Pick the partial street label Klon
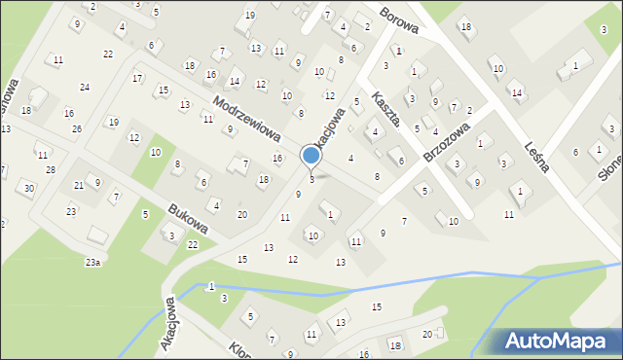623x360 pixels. pyautogui.click(x=243, y=349)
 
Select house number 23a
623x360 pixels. pyautogui.click(x=92, y=263)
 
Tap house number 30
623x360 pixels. pyautogui.click(x=29, y=188)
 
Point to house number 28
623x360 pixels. pyautogui.click(x=51, y=170)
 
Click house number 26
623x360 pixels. pyautogui.click(x=77, y=129)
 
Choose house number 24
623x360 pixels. pyautogui.click(x=85, y=88)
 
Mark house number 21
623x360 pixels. pyautogui.click(x=79, y=185)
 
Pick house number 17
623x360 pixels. pyautogui.click(x=137, y=78)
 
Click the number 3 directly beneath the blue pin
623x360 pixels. pyautogui.click(x=311, y=179)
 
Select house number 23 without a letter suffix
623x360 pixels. pyautogui.click(x=71, y=211)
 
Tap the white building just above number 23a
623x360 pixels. pyautogui.click(x=97, y=235)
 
